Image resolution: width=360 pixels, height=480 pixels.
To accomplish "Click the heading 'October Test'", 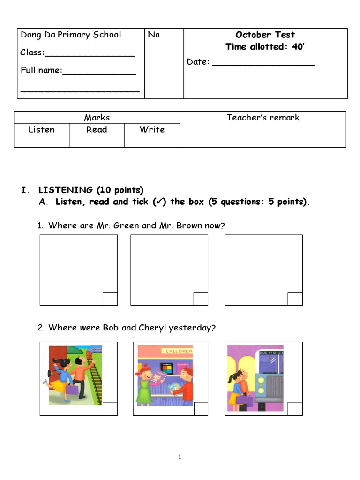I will (x=265, y=35).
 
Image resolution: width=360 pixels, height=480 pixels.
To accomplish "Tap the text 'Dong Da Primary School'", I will (x=70, y=35).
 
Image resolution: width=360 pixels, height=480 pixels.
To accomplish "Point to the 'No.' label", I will (x=155, y=35).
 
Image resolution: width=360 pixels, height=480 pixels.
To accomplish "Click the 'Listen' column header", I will (x=41, y=130).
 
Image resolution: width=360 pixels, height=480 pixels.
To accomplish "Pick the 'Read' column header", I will (x=97, y=130).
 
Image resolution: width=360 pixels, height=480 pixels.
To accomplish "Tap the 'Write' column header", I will (x=152, y=130).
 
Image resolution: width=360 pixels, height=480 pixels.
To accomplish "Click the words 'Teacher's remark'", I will (x=263, y=118).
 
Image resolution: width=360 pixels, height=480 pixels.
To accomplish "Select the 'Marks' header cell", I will (x=97, y=118).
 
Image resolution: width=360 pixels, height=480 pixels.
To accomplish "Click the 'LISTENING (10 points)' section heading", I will (x=91, y=190).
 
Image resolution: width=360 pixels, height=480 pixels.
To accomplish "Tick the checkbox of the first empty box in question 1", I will (x=110, y=299).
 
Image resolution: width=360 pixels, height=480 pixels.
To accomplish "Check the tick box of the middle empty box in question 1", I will (x=201, y=299).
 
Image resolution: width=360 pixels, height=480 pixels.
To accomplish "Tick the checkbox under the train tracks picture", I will (x=110, y=409).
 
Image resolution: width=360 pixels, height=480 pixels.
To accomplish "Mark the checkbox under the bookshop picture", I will (x=201, y=409).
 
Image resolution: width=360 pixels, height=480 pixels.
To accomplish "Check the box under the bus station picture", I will (x=295, y=409).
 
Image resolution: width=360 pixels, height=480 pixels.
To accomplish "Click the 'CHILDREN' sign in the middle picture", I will (x=177, y=351).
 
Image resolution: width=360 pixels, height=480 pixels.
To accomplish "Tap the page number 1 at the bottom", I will (x=180, y=457).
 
